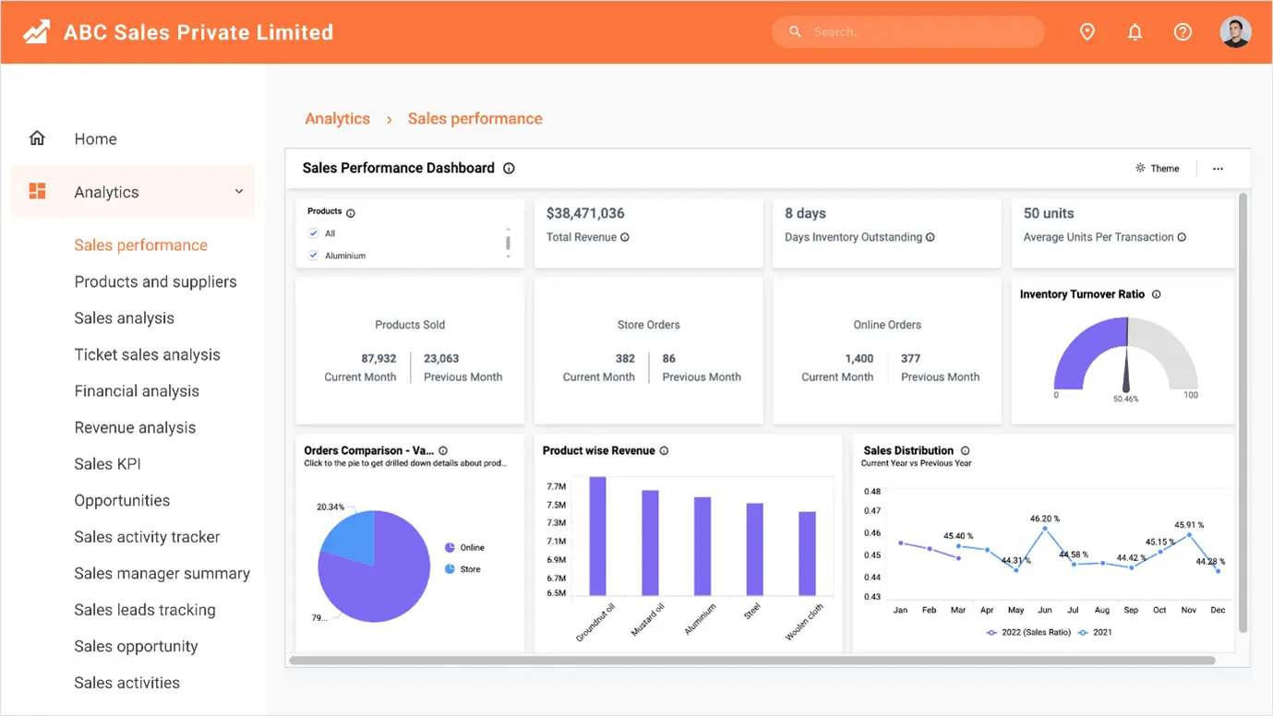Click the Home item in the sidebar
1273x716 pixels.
coord(95,139)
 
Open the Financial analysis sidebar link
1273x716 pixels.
coord(137,391)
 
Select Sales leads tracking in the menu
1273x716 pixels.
coord(145,610)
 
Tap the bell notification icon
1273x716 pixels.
coord(1135,32)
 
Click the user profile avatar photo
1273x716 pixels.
coord(1235,32)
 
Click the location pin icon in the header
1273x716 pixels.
coord(1087,32)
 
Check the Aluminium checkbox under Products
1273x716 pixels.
coord(314,256)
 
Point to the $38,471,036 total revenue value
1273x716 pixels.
coord(585,213)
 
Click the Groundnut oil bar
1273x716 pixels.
coord(597,535)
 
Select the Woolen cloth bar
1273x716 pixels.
coord(807,553)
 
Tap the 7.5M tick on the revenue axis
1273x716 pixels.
coord(556,505)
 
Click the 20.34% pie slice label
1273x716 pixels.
coord(330,507)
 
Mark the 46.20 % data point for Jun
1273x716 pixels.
coord(1045,529)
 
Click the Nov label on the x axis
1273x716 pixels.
coord(1189,610)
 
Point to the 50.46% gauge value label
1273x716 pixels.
coord(1125,400)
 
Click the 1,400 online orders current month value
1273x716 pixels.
coord(859,359)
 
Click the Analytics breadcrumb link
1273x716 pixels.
coord(337,119)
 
